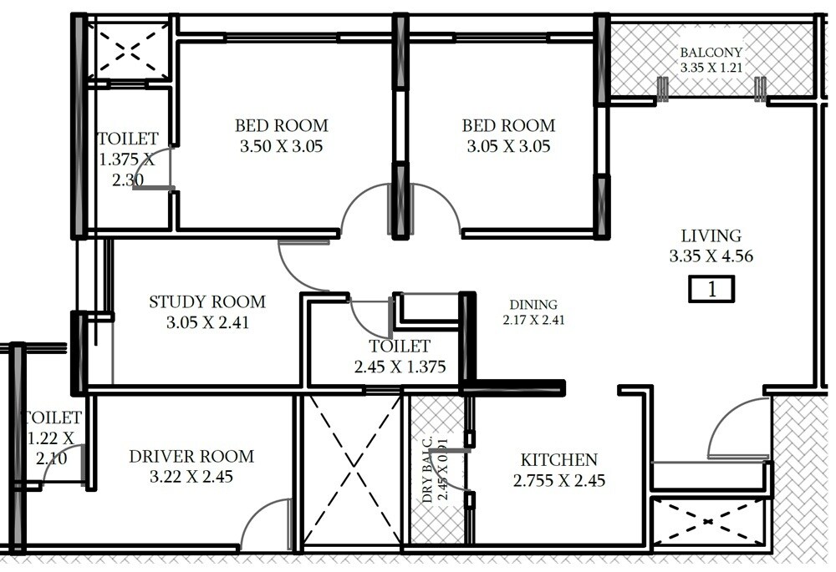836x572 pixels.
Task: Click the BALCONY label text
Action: pyautogui.click(x=710, y=52)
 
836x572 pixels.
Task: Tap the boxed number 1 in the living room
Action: pyautogui.click(x=711, y=290)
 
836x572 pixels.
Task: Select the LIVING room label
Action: pyautogui.click(x=711, y=236)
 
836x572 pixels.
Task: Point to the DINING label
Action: pyautogui.click(x=533, y=305)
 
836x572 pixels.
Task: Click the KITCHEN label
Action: pyautogui.click(x=558, y=460)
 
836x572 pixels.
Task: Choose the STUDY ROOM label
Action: pyautogui.click(x=206, y=301)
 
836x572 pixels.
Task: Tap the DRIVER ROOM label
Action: pyautogui.click(x=191, y=457)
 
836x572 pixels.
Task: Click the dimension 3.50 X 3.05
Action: pyautogui.click(x=281, y=147)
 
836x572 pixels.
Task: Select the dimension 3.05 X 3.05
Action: pyautogui.click(x=508, y=147)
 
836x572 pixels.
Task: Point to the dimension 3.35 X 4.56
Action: pyautogui.click(x=711, y=256)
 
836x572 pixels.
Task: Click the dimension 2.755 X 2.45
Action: pyautogui.click(x=558, y=481)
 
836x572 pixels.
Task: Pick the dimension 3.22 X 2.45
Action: pyautogui.click(x=191, y=478)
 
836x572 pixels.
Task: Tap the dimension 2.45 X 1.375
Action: pyautogui.click(x=400, y=367)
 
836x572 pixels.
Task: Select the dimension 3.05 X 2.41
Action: pyautogui.click(x=207, y=322)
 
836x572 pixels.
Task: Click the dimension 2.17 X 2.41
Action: pyautogui.click(x=533, y=319)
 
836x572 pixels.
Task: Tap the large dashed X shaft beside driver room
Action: pyautogui.click(x=352, y=473)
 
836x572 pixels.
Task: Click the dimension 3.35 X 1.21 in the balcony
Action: pyautogui.click(x=710, y=68)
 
